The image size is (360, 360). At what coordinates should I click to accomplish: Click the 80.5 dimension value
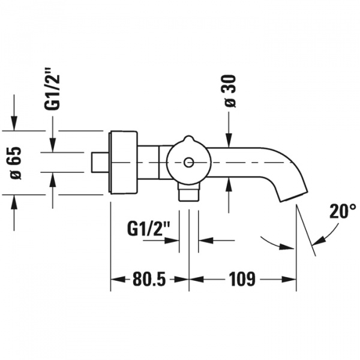(149, 279)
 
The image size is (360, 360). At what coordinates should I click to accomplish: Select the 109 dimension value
(242, 279)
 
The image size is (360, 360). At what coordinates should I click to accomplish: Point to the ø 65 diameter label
(15, 163)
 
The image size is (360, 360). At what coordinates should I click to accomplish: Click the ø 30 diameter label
(230, 91)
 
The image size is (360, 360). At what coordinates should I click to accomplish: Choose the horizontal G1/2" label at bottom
(149, 229)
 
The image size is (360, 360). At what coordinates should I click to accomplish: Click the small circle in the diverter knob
(188, 163)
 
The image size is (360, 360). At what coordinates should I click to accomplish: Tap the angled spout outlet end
(294, 196)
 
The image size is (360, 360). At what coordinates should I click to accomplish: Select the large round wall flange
(123, 163)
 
